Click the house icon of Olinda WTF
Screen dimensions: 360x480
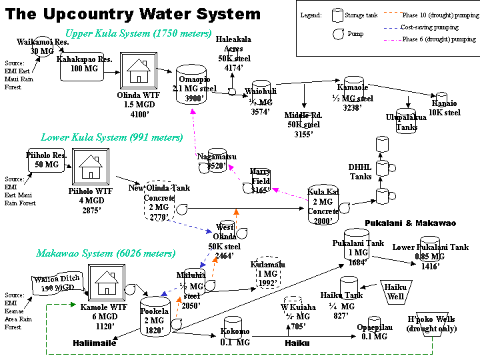138,69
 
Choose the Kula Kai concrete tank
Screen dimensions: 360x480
323,205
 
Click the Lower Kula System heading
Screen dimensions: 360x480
111,138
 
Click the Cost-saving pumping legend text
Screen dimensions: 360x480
430,27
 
